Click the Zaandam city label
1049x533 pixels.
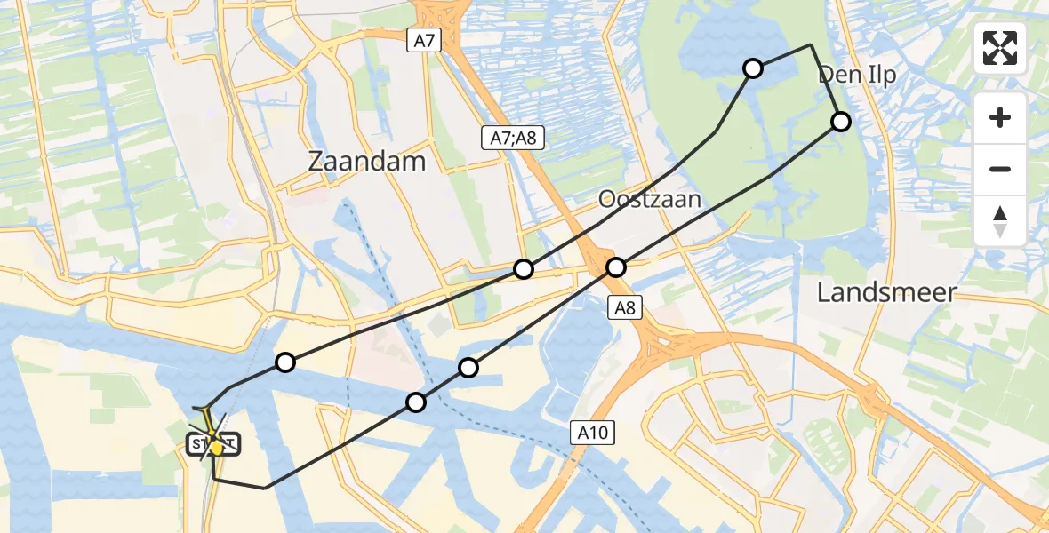click(x=366, y=161)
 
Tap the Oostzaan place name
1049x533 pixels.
click(x=650, y=198)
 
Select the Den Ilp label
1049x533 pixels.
click(x=857, y=75)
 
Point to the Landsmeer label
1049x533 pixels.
click(x=886, y=292)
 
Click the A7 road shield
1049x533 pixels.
click(x=423, y=39)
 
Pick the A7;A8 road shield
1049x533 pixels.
click(x=512, y=138)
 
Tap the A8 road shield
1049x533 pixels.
click(x=624, y=307)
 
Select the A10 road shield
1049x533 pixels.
click(x=591, y=433)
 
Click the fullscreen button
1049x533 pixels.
click(x=1000, y=48)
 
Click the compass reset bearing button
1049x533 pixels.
click(x=1000, y=221)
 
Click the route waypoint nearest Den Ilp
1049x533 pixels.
click(x=840, y=122)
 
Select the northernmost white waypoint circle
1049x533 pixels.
click(x=753, y=68)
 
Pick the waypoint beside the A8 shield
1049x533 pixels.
click(x=616, y=266)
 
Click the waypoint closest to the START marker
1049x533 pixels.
click(x=284, y=362)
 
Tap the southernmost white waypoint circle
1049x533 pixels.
click(x=415, y=402)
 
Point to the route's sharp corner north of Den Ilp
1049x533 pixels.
click(x=810, y=44)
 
